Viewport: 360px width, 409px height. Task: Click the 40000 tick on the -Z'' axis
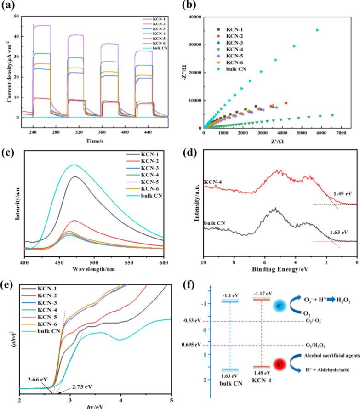(193, 17)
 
